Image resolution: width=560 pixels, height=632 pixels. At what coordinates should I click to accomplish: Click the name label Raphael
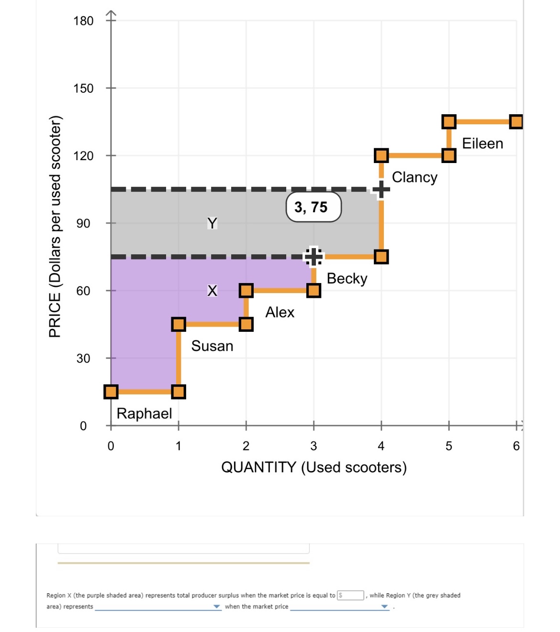(x=144, y=414)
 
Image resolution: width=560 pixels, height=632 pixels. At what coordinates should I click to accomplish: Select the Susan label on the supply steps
(x=212, y=346)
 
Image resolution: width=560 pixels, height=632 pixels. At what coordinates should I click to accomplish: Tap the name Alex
(x=280, y=312)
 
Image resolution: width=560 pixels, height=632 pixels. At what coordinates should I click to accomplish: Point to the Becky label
(x=347, y=278)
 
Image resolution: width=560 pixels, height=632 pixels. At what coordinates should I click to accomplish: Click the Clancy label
(x=414, y=177)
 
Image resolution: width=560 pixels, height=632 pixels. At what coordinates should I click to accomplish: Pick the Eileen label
(x=482, y=143)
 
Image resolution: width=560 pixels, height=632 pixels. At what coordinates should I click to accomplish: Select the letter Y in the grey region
(x=212, y=223)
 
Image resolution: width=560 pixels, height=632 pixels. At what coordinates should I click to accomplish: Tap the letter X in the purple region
(x=212, y=290)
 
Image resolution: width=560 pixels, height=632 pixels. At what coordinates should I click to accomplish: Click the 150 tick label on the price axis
(x=83, y=88)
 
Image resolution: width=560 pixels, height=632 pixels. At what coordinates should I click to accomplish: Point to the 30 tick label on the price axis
(x=83, y=358)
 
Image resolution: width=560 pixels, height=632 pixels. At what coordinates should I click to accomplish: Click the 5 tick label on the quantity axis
(x=448, y=446)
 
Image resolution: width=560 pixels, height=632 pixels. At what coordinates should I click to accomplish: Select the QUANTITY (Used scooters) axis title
(x=314, y=467)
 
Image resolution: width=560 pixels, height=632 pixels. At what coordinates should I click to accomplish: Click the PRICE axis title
(x=55, y=227)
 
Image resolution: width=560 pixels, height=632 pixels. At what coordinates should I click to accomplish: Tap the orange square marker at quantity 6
(x=516, y=122)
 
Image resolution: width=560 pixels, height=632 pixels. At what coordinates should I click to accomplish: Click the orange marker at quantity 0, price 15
(x=111, y=392)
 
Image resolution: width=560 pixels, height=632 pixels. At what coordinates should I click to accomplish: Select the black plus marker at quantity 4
(x=381, y=189)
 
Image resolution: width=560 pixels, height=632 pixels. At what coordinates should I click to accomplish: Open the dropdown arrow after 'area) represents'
(x=217, y=607)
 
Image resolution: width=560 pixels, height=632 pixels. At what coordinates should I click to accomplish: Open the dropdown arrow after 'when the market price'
(x=384, y=607)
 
